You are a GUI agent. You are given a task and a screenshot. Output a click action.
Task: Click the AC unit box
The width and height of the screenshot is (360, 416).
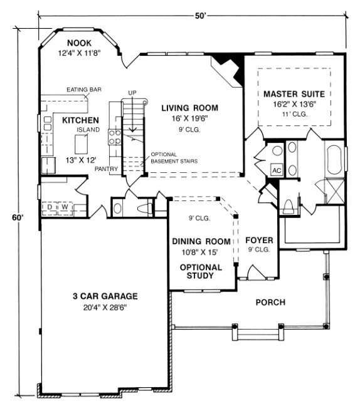pos(276,170)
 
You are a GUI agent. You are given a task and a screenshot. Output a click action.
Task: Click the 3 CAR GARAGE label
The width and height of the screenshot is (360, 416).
pos(103,296)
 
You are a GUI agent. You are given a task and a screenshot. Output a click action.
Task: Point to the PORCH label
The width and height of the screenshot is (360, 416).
pos(270,303)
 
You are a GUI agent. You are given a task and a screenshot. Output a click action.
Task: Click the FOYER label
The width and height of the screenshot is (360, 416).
pos(258,240)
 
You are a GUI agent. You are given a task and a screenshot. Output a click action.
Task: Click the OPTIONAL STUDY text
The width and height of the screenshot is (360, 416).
pos(201,271)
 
